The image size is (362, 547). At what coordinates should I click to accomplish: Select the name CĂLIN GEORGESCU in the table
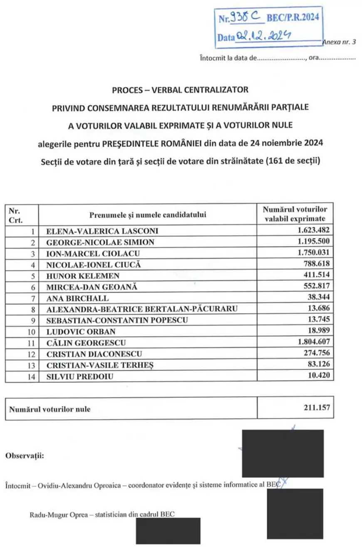pyautogui.click(x=86, y=343)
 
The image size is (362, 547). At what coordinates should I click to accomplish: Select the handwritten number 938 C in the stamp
pyautogui.click(x=246, y=17)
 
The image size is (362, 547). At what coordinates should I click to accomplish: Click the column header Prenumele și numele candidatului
pyautogui.click(x=147, y=215)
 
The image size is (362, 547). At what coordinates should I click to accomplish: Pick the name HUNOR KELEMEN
pyautogui.click(x=77, y=276)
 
